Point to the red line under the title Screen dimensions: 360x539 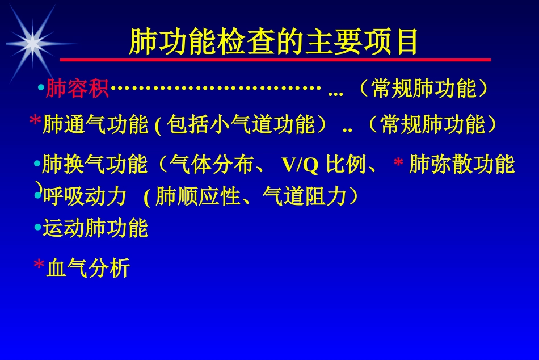[275, 60]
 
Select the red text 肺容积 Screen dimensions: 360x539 [77, 89]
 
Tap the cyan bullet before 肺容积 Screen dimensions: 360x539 [40, 89]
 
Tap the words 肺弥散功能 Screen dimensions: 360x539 [461, 165]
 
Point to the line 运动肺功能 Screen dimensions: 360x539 [95, 228]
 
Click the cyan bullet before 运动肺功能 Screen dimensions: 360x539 [37, 228]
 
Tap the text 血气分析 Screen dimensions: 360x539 [88, 268]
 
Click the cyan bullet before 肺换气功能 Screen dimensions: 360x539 [37, 165]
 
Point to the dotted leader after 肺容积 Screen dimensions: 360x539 [213, 89]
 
